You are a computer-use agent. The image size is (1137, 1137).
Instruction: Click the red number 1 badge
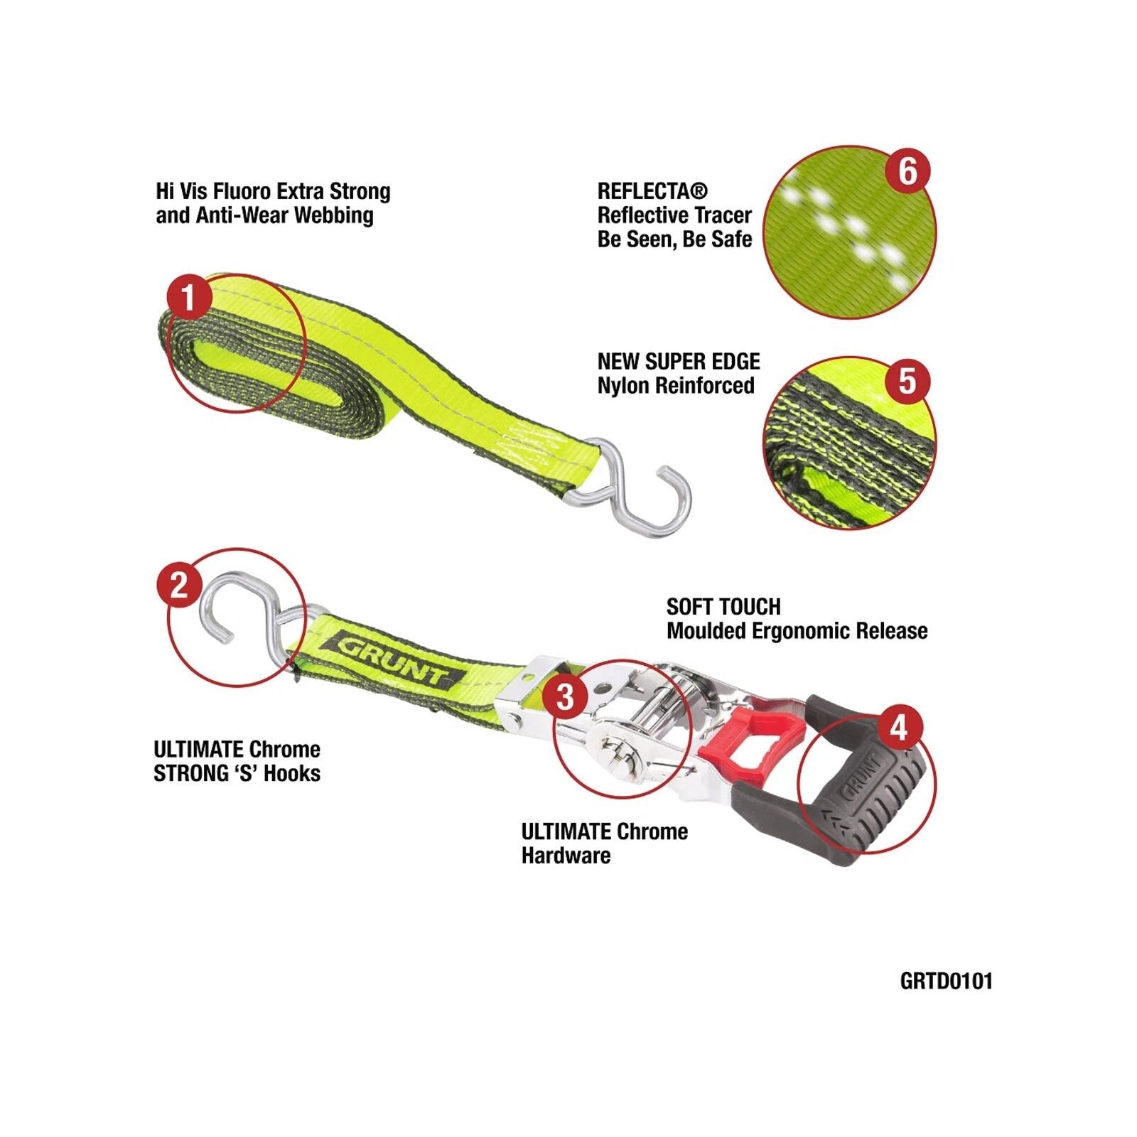click(188, 298)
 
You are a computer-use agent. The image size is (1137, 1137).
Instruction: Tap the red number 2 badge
click(179, 585)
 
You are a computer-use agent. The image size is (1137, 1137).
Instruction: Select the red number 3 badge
click(565, 696)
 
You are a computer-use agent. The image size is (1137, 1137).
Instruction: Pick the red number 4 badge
click(899, 728)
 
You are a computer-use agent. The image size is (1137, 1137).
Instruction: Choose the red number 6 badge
click(907, 171)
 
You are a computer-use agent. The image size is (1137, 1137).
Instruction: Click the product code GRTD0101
click(946, 981)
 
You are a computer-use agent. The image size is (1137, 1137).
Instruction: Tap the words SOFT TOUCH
click(723, 607)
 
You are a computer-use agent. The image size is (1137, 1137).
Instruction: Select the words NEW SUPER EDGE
click(679, 362)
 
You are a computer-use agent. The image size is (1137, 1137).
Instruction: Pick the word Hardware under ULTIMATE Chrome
click(566, 856)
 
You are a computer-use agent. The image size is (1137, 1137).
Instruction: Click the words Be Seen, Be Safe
click(674, 239)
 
